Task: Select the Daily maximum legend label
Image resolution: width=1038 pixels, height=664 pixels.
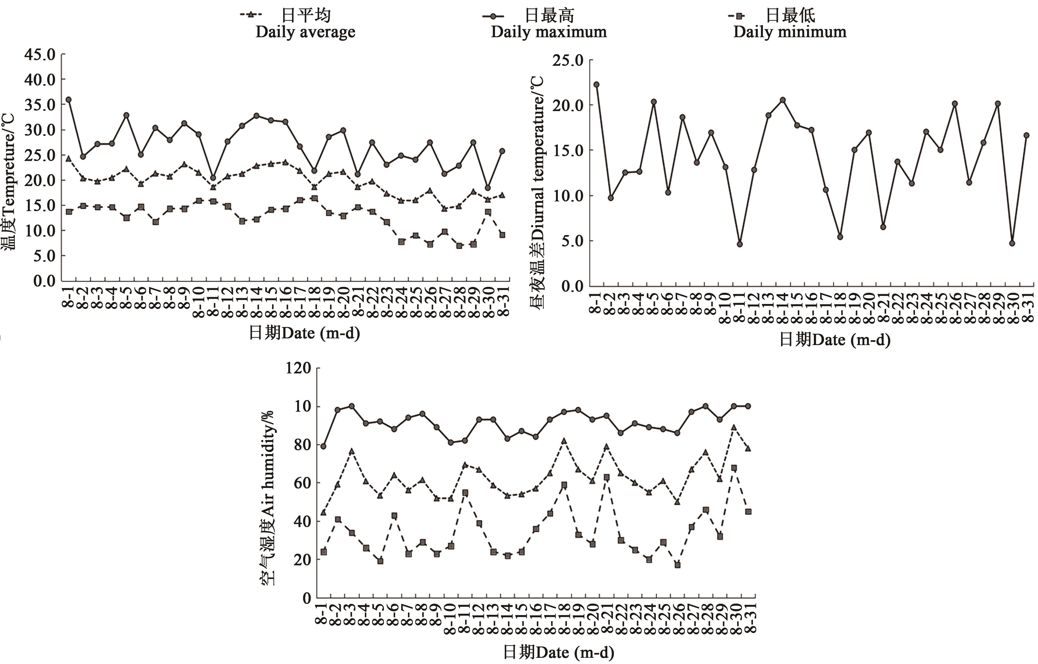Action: pos(548,32)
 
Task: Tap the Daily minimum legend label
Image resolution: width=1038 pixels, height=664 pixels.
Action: pos(790,32)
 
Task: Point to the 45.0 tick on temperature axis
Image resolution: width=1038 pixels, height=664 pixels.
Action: pos(40,55)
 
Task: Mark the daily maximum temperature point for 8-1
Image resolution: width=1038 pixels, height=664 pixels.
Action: pos(68,99)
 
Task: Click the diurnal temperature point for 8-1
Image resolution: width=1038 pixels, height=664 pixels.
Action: pos(596,84)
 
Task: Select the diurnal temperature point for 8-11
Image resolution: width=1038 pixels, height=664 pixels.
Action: pos(740,244)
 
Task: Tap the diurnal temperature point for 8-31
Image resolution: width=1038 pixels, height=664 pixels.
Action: pos(1026,135)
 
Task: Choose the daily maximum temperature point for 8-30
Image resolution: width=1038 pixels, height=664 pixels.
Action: pos(487,188)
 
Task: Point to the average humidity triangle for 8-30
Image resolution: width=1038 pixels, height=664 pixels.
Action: pos(734,427)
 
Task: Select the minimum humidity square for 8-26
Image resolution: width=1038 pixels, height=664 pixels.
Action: pos(677,565)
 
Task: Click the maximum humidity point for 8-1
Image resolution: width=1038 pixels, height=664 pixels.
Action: pos(323,446)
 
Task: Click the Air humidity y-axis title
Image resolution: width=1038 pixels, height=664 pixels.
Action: pos(268,498)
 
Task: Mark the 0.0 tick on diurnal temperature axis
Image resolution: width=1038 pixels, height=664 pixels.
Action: pos(572,286)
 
